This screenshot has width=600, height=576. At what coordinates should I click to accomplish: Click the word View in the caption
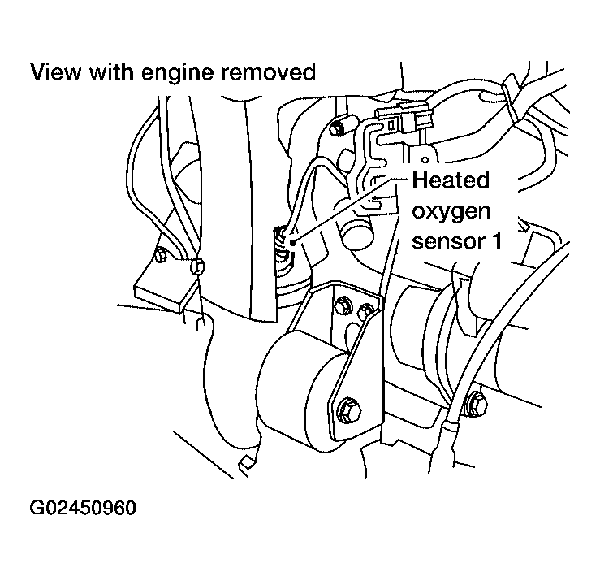[x=55, y=72]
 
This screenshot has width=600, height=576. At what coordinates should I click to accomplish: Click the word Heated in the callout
[x=451, y=180]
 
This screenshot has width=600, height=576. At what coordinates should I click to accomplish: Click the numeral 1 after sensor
[x=496, y=241]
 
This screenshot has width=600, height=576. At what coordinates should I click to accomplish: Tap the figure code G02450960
[x=83, y=508]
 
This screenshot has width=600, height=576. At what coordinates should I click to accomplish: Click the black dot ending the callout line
[x=293, y=242]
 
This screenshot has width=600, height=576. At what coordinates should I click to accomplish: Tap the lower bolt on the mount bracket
[x=349, y=410]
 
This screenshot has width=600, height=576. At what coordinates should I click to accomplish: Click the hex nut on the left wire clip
[x=197, y=266]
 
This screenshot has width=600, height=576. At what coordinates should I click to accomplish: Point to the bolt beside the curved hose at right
[x=477, y=404]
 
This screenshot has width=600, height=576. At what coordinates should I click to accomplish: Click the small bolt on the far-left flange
[x=161, y=254]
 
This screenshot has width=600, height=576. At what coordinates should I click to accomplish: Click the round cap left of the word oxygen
[x=358, y=236]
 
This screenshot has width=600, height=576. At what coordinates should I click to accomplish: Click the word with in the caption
[x=111, y=72]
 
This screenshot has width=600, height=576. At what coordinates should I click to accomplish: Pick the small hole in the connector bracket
[x=425, y=159]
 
